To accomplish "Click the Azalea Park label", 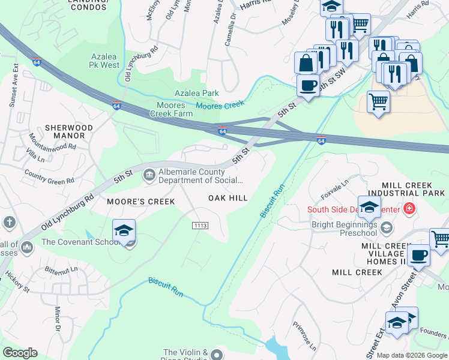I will (196, 93).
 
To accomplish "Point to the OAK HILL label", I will (228, 198).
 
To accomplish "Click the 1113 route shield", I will (200, 224).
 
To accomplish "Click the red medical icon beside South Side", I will (409, 209).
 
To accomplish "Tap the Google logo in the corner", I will (20, 353).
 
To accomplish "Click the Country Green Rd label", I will (49, 176).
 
